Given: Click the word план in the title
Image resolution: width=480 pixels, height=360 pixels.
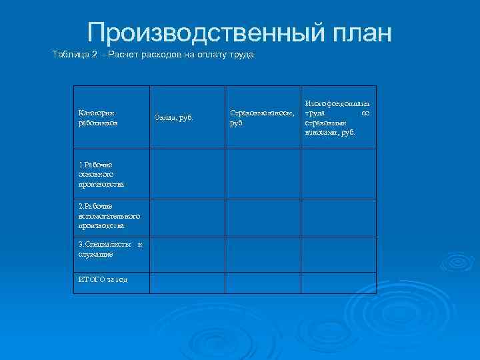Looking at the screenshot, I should (x=359, y=33).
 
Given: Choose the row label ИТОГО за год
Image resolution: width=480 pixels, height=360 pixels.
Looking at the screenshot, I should (x=103, y=279).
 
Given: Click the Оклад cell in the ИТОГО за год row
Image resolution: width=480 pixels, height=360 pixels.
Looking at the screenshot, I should (x=187, y=283).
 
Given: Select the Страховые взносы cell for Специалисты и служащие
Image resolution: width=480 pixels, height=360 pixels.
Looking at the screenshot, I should (x=263, y=253).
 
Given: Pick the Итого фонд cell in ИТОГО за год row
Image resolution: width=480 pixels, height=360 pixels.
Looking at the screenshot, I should (x=339, y=283).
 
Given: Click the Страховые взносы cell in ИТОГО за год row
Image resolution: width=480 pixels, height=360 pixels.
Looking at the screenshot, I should (x=263, y=283).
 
